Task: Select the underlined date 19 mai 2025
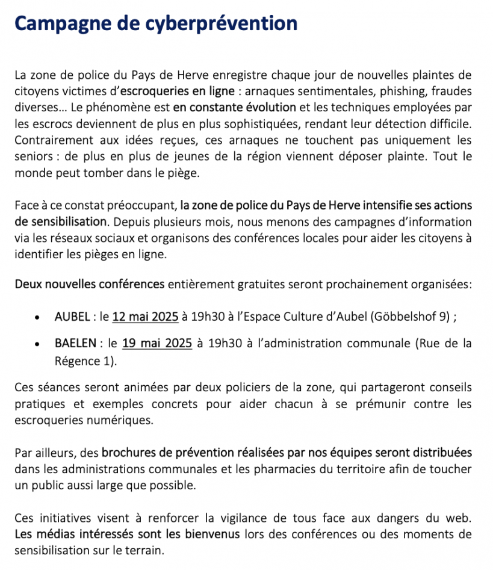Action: coord(157,344)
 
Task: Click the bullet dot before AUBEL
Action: coord(38,318)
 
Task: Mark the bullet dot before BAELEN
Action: coord(38,344)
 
